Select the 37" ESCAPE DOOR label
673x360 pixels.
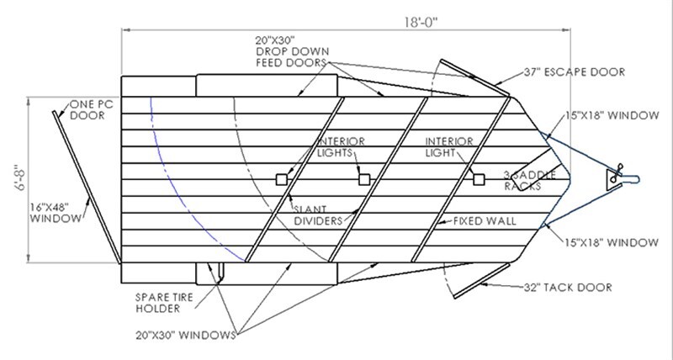click(575, 72)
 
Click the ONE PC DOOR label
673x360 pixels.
click(87, 109)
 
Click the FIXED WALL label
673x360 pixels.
click(485, 222)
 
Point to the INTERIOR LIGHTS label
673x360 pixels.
click(337, 147)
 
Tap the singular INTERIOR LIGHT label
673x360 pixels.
click(450, 147)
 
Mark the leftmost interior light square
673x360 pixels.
click(281, 179)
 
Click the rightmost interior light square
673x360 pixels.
click(479, 179)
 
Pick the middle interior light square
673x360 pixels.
click(363, 179)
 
